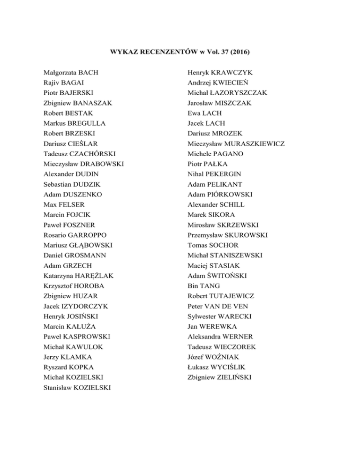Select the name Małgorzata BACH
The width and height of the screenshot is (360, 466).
[71, 73]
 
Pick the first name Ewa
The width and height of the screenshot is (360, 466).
[194, 113]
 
